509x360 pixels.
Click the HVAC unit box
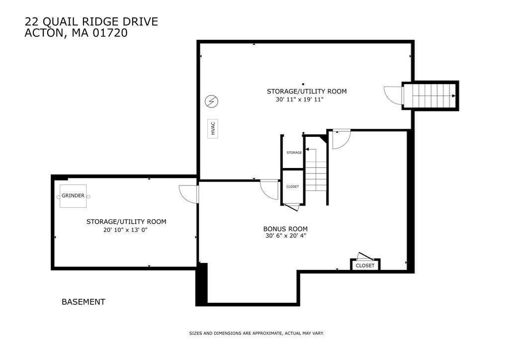213,129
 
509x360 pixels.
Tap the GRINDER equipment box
73,196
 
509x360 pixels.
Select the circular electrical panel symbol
211,101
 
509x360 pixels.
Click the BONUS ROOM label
285,229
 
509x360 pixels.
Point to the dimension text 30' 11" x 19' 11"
300,99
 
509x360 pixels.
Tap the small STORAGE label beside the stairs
294,153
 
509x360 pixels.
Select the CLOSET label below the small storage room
292,186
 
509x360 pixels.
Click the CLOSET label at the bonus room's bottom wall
365,266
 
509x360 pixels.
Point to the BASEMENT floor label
84,302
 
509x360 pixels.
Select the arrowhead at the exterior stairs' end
453,96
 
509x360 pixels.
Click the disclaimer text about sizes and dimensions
256,333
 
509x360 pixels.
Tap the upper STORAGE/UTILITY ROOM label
307,91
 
